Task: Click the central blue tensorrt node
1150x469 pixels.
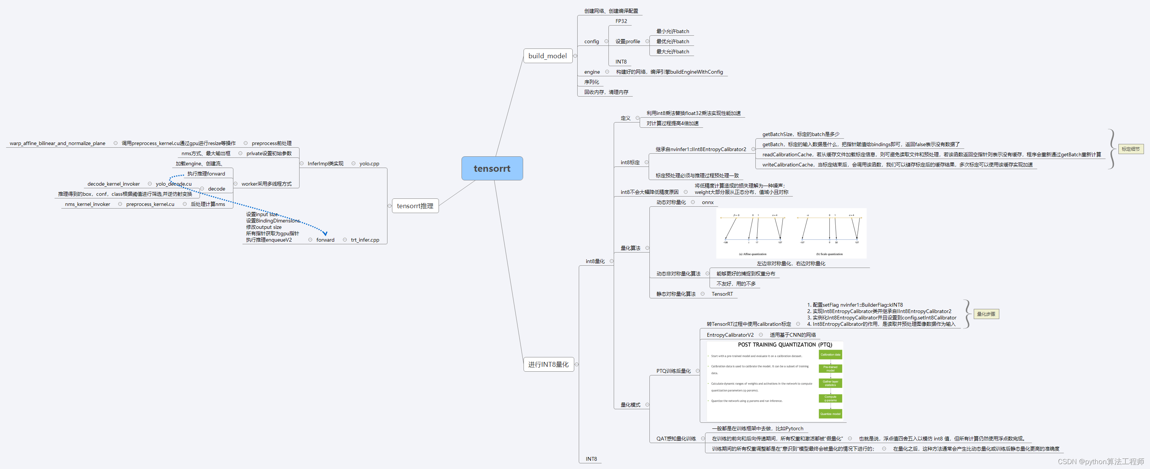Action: pyautogui.click(x=492, y=168)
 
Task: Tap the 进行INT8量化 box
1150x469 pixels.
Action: pyautogui.click(x=548, y=364)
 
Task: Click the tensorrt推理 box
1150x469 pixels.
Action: pyautogui.click(x=415, y=206)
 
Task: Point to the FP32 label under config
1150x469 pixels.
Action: pyautogui.click(x=621, y=21)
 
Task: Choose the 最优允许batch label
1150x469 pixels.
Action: pyautogui.click(x=672, y=41)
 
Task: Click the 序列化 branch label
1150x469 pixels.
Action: pyautogui.click(x=592, y=82)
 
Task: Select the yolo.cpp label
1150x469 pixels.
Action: pyautogui.click(x=369, y=164)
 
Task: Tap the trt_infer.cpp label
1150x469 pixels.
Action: pyautogui.click(x=365, y=240)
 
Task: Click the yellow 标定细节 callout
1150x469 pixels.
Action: pyautogui.click(x=1130, y=149)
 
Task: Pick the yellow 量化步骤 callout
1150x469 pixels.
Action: pyautogui.click(x=986, y=314)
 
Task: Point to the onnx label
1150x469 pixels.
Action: pyautogui.click(x=708, y=203)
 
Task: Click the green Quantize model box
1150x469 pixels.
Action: pyautogui.click(x=830, y=414)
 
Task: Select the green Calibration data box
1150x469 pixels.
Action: pyautogui.click(x=830, y=355)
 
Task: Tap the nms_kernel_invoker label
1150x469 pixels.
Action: pyautogui.click(x=88, y=204)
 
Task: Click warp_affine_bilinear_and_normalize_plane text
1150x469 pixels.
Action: pyautogui.click(x=57, y=144)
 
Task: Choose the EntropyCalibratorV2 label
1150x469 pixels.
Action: pyautogui.click(x=730, y=335)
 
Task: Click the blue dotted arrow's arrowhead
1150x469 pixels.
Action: pyautogui.click(x=325, y=233)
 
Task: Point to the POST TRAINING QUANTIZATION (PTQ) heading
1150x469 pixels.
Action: pyautogui.click(x=785, y=345)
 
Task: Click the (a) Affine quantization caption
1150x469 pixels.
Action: pyautogui.click(x=752, y=254)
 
